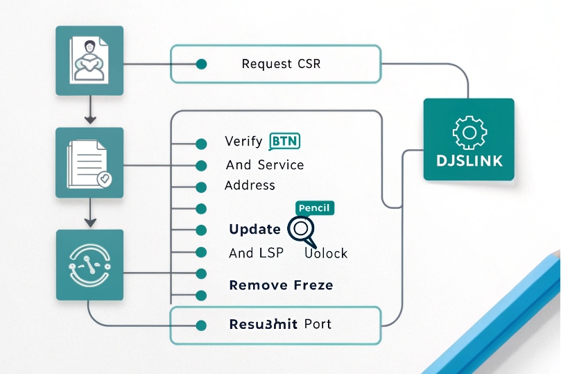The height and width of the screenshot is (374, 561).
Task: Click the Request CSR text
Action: point(281,64)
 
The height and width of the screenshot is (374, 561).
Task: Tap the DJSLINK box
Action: point(469,139)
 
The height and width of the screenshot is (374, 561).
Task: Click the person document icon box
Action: point(89,60)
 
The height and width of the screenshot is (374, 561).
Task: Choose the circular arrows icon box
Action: point(89,265)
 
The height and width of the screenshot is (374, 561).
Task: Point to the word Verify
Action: point(243,142)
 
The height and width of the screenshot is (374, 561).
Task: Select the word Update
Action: point(254,230)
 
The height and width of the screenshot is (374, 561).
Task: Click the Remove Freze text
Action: point(281,284)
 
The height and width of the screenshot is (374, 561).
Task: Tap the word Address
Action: point(250,185)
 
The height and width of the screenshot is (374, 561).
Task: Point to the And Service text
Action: point(265,165)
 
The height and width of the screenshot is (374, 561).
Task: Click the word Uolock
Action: point(326,253)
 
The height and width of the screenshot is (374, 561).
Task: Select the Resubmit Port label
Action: point(280,324)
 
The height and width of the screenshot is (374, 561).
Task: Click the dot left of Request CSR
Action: point(202,64)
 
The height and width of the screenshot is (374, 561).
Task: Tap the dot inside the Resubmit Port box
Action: point(202,325)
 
